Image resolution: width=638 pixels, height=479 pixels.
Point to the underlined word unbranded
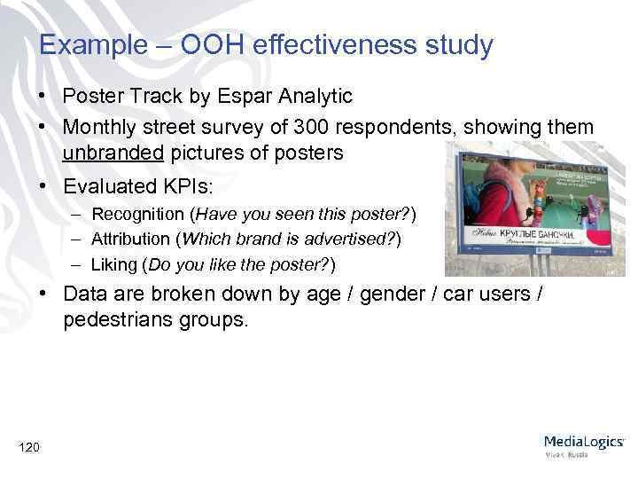click(x=113, y=153)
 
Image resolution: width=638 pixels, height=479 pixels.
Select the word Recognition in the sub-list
click(x=141, y=214)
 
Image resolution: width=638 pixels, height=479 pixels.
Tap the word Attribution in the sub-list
click(x=130, y=239)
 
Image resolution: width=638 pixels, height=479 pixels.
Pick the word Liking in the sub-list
click(x=117, y=263)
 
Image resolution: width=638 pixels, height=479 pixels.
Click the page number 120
click(x=28, y=447)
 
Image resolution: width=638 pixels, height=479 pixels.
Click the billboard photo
click(x=536, y=210)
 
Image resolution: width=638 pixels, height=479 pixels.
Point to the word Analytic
click(x=311, y=96)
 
